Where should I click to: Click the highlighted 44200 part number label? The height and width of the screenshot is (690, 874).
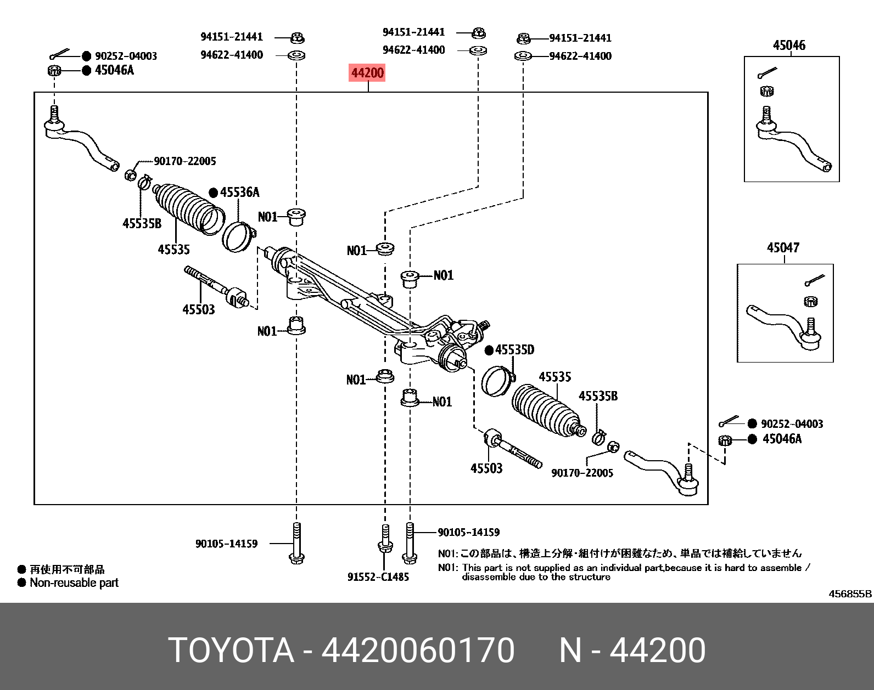point(367,73)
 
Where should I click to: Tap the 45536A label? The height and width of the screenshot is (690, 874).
point(239,193)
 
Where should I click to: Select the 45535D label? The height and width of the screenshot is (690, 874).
point(514,350)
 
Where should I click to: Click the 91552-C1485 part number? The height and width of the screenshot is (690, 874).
point(378,577)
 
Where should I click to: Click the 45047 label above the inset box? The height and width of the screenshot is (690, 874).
point(783,248)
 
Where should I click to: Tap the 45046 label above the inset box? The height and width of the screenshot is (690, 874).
point(789,46)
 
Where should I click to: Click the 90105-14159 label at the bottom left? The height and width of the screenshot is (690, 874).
point(226,544)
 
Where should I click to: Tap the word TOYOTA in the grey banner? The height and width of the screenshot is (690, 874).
point(231,650)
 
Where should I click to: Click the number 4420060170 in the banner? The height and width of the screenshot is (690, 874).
point(418,650)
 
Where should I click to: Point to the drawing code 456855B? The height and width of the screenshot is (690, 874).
point(850,594)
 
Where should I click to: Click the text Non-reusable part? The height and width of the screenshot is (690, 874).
point(74,582)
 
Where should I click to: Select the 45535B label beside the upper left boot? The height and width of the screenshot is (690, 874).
point(142,224)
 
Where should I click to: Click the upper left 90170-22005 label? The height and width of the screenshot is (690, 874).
point(184,161)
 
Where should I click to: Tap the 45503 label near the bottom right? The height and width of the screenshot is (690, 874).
point(486,468)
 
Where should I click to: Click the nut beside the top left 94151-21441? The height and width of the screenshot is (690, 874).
point(297,38)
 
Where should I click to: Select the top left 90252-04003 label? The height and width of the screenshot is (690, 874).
point(126,56)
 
